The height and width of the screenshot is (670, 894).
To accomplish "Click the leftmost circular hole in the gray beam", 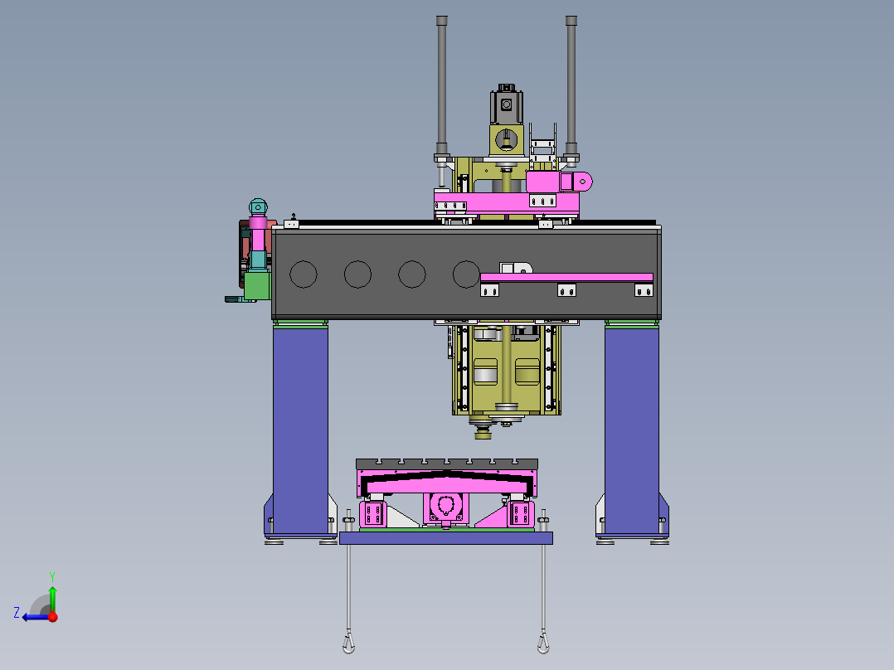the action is [304, 274].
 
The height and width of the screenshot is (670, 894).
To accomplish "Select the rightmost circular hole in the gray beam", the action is [466, 274].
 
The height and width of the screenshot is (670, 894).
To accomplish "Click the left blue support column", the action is [300, 430].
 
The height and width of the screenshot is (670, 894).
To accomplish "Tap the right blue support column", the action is [632, 430].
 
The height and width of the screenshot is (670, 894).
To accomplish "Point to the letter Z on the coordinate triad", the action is [17, 613].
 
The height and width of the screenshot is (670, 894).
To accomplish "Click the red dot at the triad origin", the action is [53, 617].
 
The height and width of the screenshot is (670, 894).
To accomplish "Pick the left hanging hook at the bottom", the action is [348, 643].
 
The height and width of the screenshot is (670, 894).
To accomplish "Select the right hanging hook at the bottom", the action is [543, 643].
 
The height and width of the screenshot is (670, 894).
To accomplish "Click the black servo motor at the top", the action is [506, 104].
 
